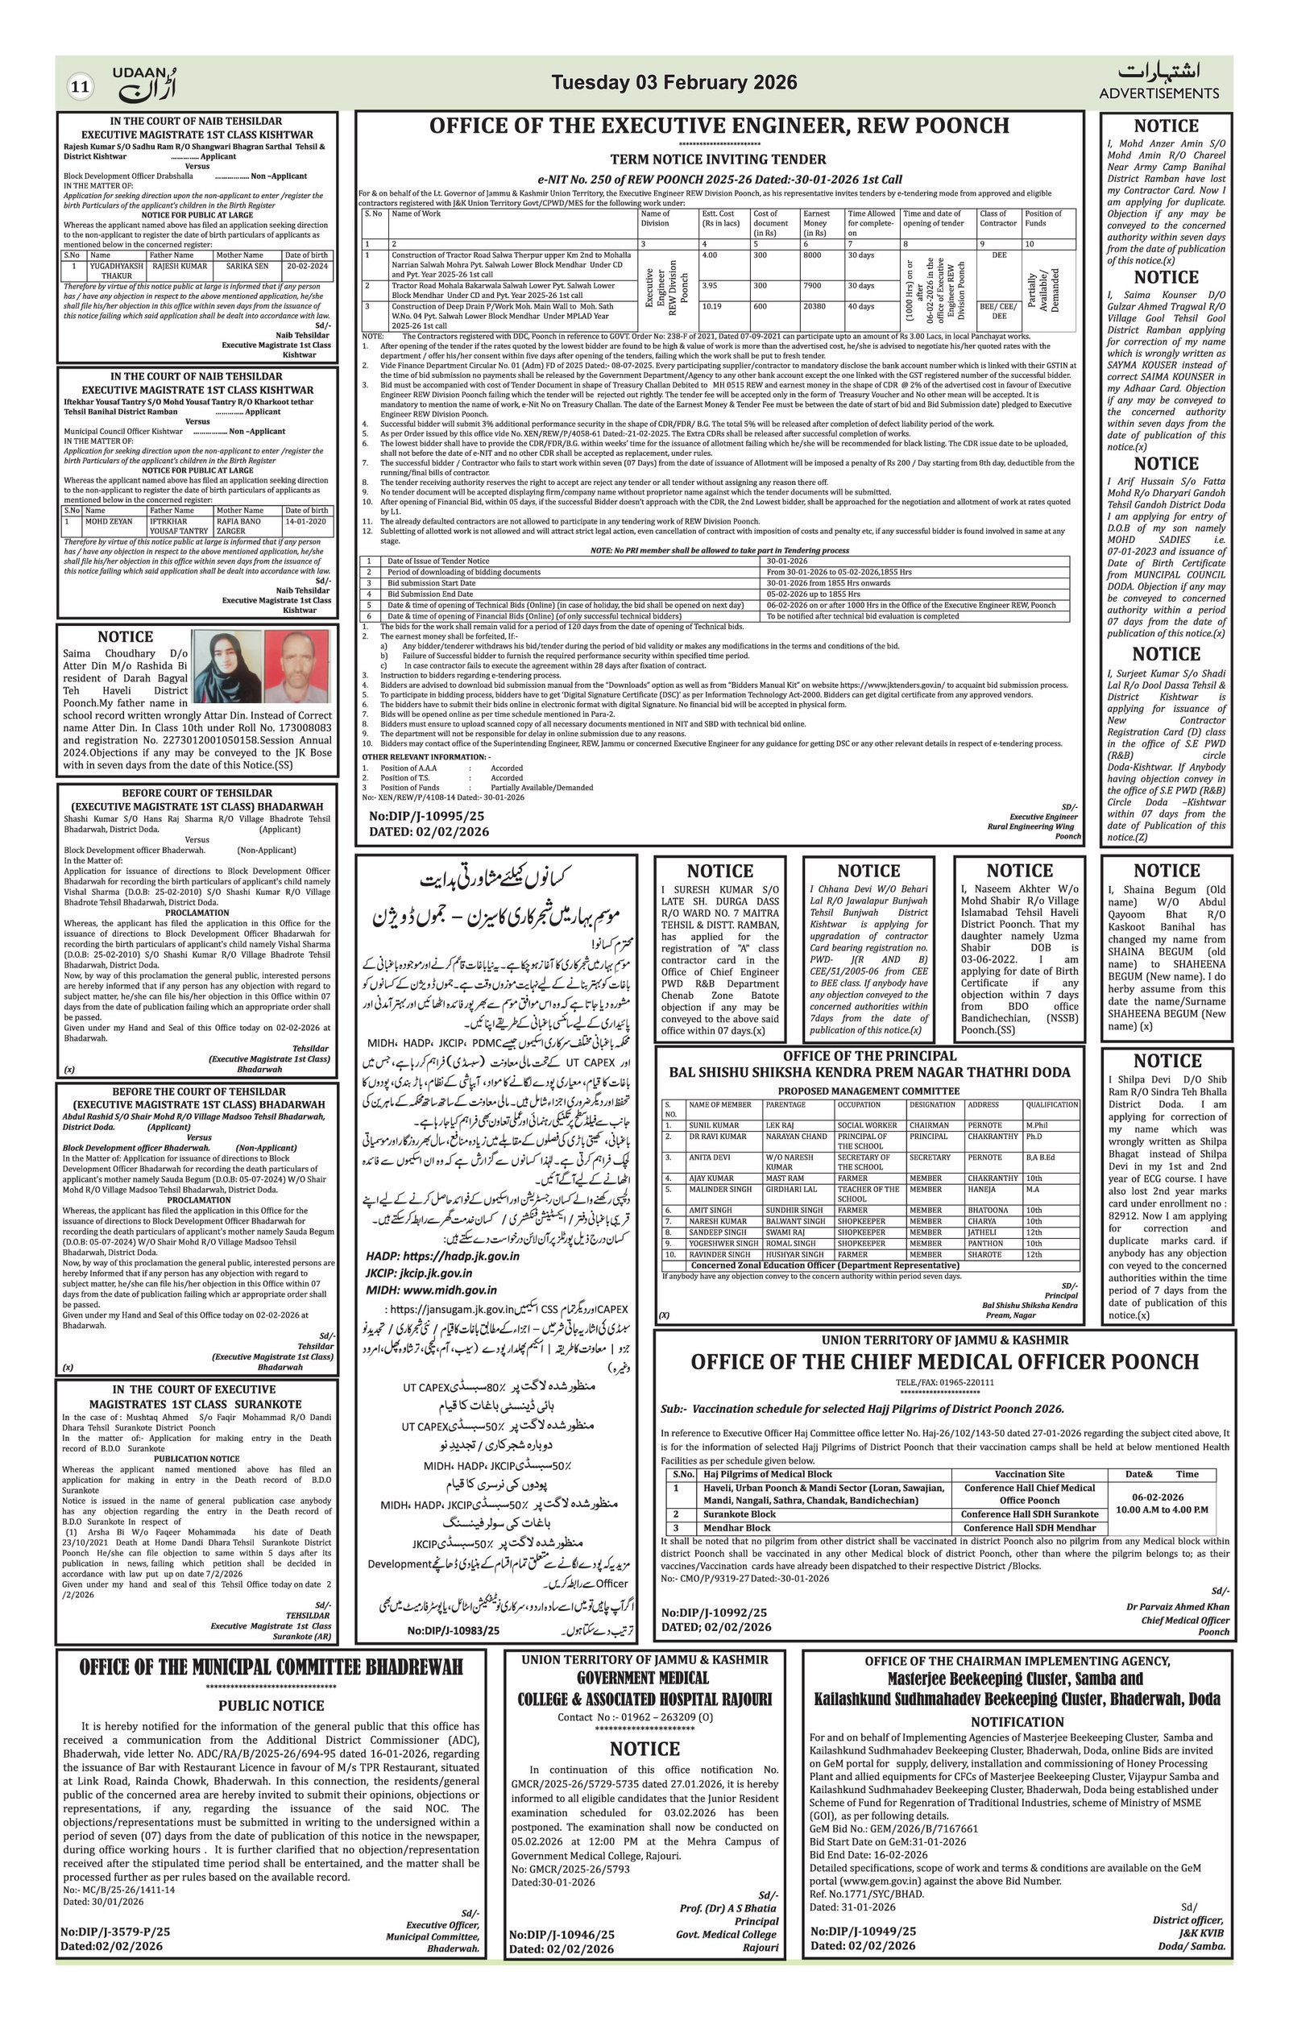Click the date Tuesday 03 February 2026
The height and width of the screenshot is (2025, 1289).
674,82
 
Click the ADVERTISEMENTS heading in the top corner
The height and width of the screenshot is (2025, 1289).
1158,93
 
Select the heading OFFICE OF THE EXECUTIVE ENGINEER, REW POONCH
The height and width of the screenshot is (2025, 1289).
719,126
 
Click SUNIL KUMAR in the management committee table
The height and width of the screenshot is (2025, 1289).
714,1124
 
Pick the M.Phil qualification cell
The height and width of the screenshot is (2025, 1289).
1036,1124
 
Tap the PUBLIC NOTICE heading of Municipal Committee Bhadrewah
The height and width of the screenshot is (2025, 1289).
271,1705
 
